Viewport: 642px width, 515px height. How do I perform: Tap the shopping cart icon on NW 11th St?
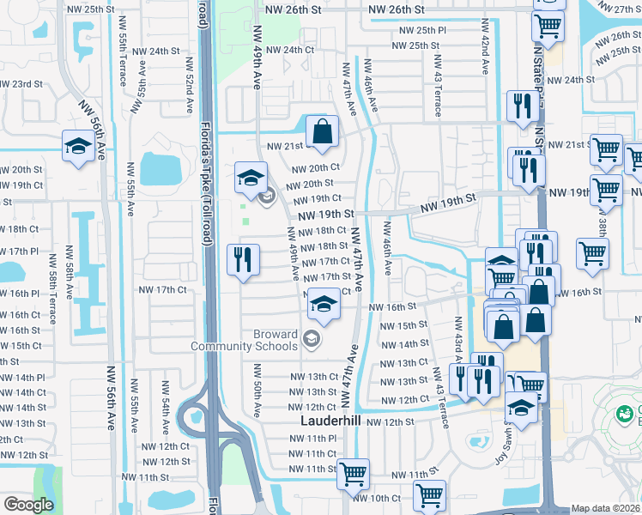click(353, 473)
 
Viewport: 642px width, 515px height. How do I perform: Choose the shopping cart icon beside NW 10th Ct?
click(429, 494)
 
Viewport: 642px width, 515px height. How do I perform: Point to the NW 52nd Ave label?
click(188, 85)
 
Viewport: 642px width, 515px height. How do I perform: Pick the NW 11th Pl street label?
click(313, 438)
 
